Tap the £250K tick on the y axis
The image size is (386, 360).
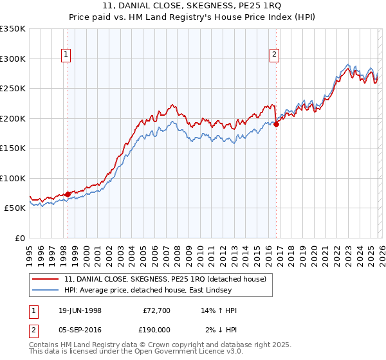[13, 88]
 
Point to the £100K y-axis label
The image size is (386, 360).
[13, 178]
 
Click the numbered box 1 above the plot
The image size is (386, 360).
[67, 55]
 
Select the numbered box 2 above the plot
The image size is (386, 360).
[274, 55]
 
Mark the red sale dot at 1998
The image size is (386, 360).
[68, 194]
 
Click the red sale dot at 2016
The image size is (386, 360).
[276, 124]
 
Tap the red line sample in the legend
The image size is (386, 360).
[46, 278]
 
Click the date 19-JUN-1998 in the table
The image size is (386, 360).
[80, 310]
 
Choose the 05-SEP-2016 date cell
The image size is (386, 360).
[80, 329]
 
